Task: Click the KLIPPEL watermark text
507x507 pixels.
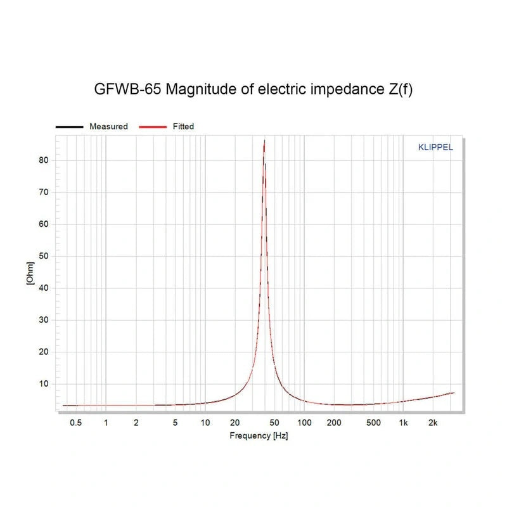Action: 435,148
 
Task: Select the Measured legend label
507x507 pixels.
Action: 108,127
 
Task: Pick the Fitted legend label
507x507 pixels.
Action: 183,127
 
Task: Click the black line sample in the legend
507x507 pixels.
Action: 70,127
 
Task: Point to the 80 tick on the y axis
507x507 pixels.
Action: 44,160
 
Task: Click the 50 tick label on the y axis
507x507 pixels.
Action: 44,256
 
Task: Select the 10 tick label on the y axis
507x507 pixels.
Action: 44,383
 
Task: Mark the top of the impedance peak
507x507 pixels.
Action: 264,141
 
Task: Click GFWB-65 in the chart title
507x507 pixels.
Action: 126,89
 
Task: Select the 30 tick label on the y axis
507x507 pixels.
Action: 44,320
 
